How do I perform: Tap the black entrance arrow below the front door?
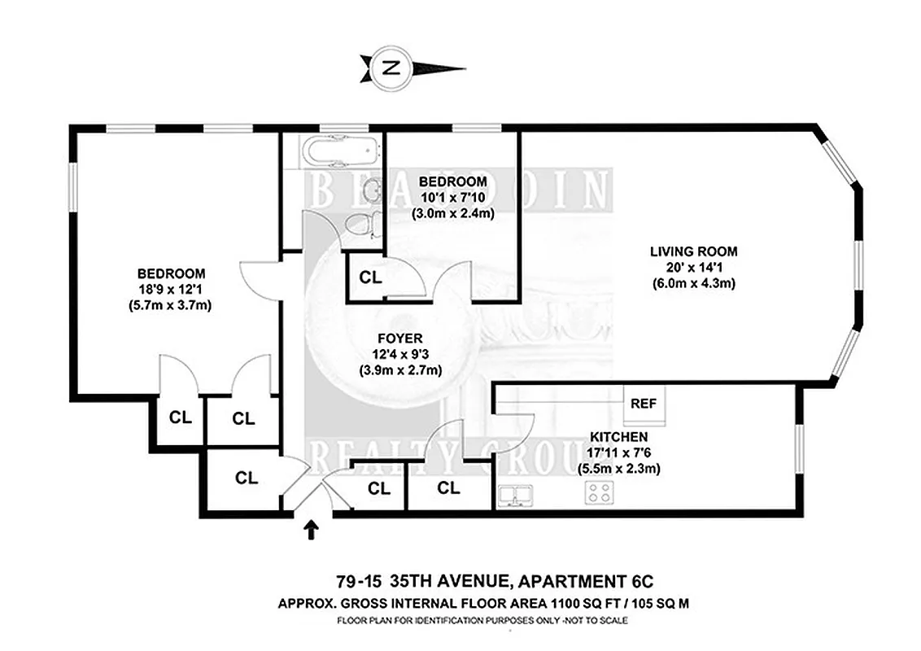click(310, 531)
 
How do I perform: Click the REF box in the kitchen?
click(644, 403)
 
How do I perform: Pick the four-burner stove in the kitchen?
click(601, 492)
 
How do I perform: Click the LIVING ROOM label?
click(693, 251)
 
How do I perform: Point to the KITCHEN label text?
click(618, 437)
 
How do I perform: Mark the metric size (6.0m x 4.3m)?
click(693, 283)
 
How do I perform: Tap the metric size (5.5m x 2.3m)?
click(618, 469)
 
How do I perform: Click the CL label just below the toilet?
click(370, 277)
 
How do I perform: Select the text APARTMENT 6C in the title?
click(585, 581)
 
